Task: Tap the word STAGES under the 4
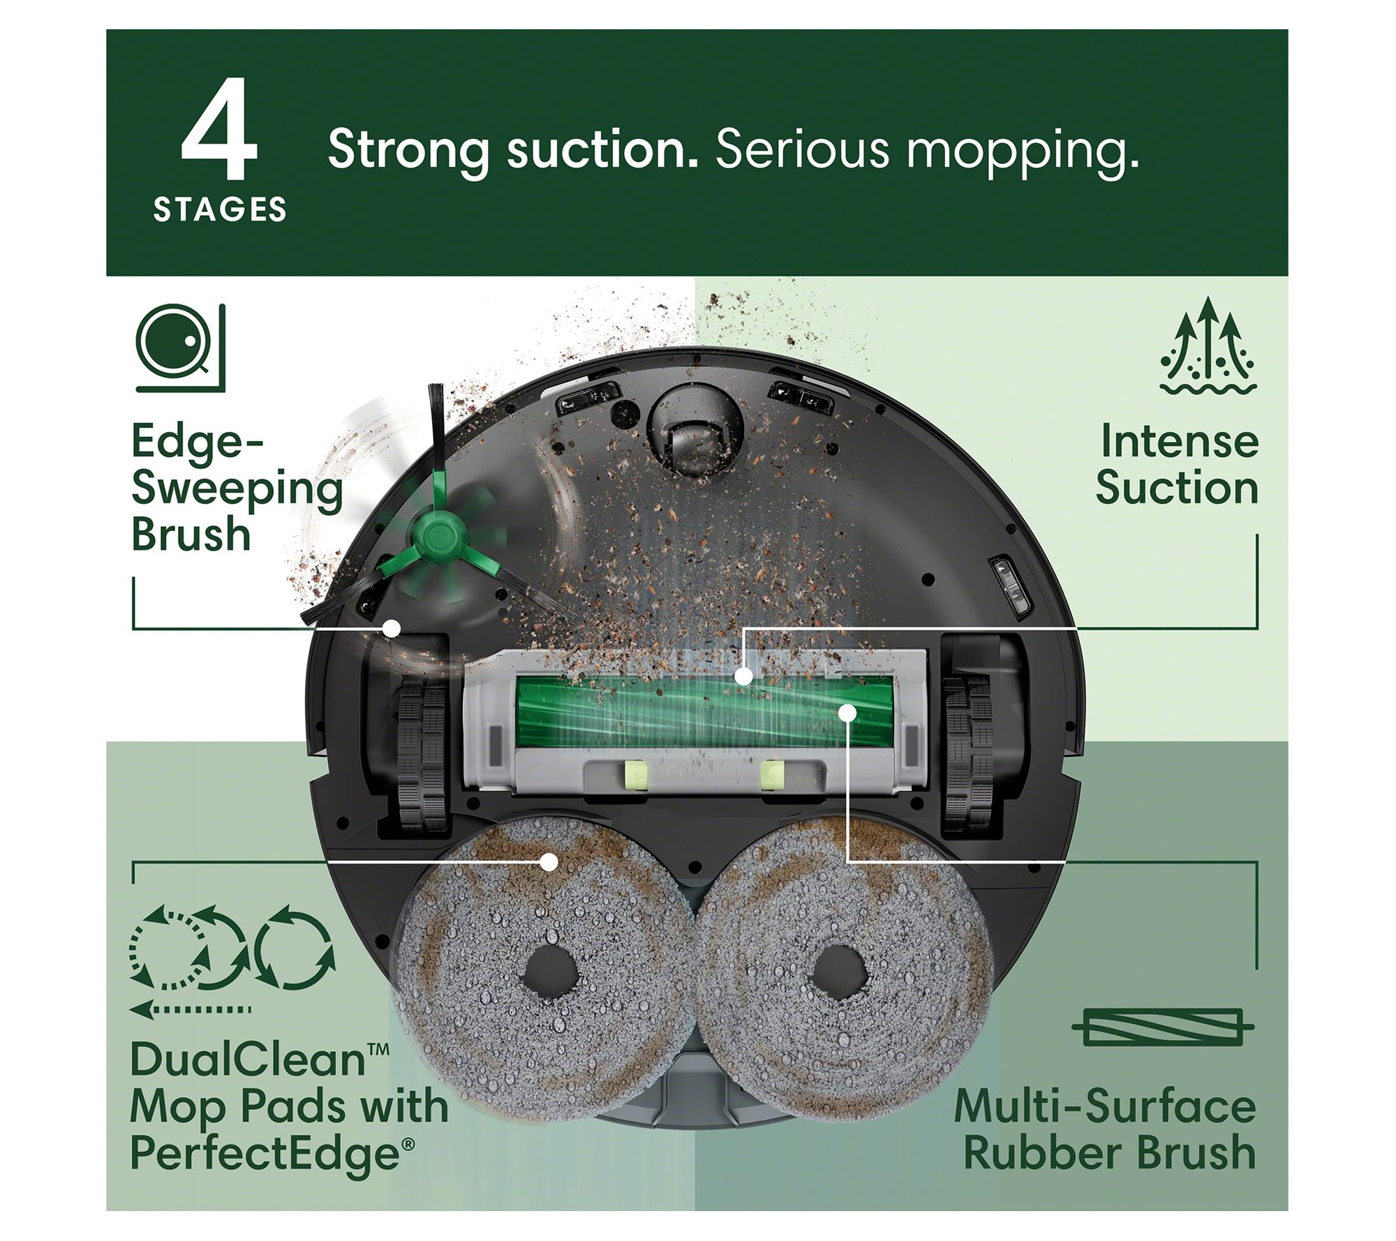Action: tap(220, 209)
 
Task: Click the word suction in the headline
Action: tap(602, 149)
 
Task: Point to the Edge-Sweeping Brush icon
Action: tap(181, 347)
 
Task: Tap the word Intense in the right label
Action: tap(1179, 441)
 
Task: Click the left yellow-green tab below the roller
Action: tap(634, 775)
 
